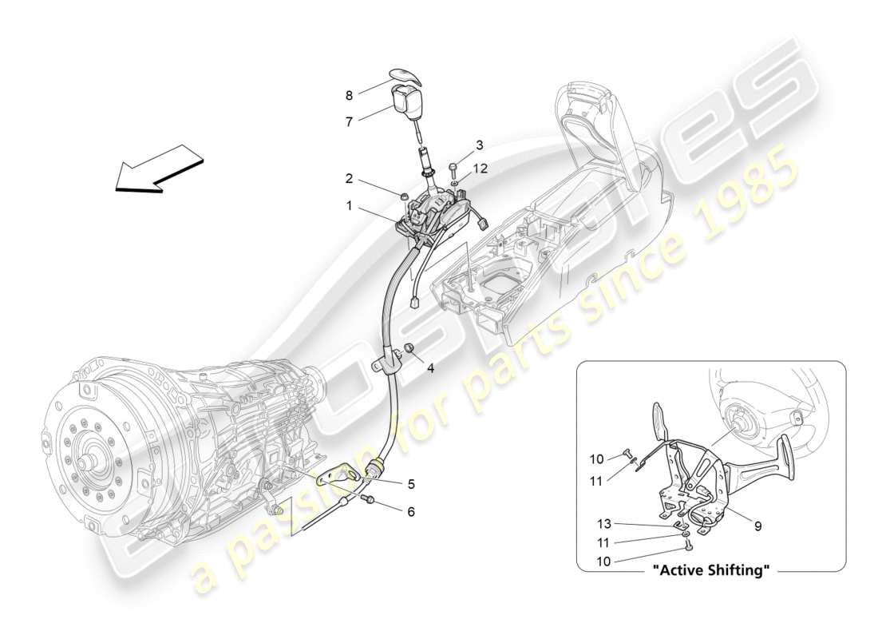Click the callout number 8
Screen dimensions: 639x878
pos(349,96)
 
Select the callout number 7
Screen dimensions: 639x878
pos(349,121)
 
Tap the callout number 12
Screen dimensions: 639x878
pos(479,169)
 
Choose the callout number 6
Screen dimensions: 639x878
pos(412,512)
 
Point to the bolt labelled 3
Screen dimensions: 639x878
pos(454,168)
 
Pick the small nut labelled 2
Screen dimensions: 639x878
pos(405,195)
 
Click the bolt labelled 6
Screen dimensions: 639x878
pos(370,499)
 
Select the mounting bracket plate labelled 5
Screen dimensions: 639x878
pos(339,482)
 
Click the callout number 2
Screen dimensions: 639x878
pos(349,178)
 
